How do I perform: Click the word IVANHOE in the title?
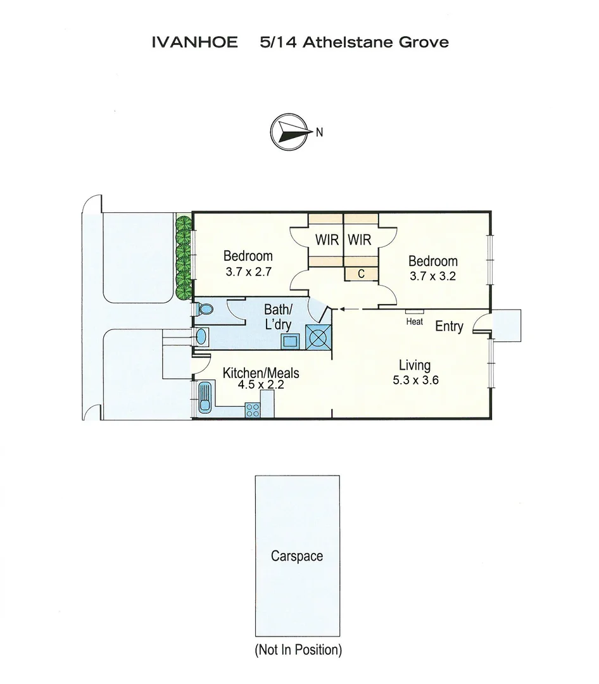coord(195,42)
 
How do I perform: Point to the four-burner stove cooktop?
coord(253,410)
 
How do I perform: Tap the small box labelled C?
coord(361,274)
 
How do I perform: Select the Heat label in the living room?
coord(415,322)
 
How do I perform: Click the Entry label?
coord(449,327)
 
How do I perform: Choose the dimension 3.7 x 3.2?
coord(433,276)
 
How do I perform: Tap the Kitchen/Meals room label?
coord(260,374)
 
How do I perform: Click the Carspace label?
coord(296,556)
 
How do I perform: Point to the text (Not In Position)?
coord(298,650)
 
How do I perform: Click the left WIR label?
coord(327,241)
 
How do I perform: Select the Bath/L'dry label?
coord(278,317)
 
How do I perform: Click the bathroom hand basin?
coord(201,336)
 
